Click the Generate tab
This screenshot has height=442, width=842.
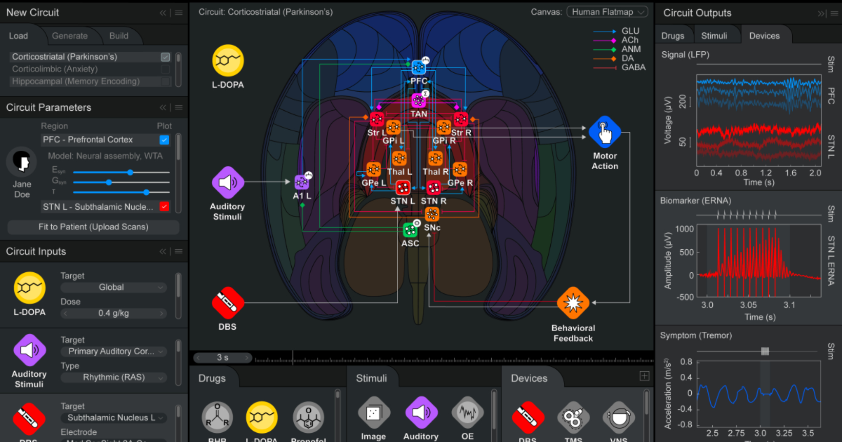coord(69,36)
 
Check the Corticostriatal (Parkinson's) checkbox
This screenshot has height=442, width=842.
coord(165,57)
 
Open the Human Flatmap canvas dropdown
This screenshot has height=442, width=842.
coord(607,12)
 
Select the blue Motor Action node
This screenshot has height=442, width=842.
coord(605,132)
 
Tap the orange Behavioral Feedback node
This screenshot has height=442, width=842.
coord(573,303)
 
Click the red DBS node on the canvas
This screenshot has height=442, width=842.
coord(227,303)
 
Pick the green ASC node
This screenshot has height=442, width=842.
coord(410,230)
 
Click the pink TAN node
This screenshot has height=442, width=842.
coord(418,100)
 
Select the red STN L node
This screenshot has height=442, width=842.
coord(402,188)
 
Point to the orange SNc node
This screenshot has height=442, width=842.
coord(432,214)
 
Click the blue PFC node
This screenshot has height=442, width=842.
coord(418,67)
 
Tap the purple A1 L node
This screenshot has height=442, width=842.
coord(301,182)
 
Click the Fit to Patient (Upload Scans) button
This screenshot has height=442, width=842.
coord(93,227)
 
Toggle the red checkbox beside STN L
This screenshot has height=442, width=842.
coord(164,207)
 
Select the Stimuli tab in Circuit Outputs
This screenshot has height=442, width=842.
coord(714,36)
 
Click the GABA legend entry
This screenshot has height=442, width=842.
coord(633,67)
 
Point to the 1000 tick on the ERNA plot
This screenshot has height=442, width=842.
coord(684,229)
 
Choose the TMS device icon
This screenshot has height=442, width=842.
coord(573,418)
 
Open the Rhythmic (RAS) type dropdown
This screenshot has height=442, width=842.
coord(114,377)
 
